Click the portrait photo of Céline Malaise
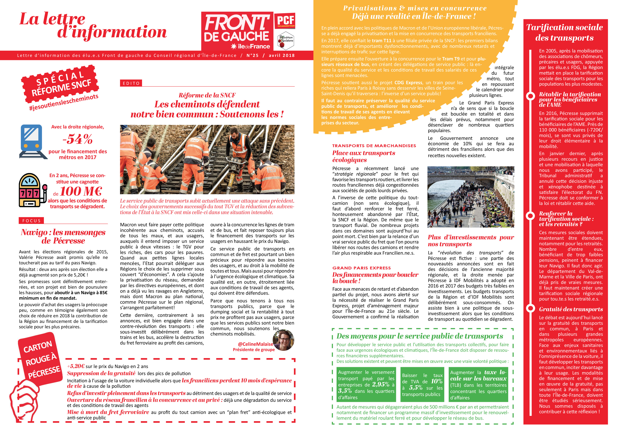[283, 340]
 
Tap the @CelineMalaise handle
[255, 344]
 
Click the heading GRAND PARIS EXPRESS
[361, 268]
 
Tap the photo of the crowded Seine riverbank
[471, 197]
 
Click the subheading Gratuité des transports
[571, 309]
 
